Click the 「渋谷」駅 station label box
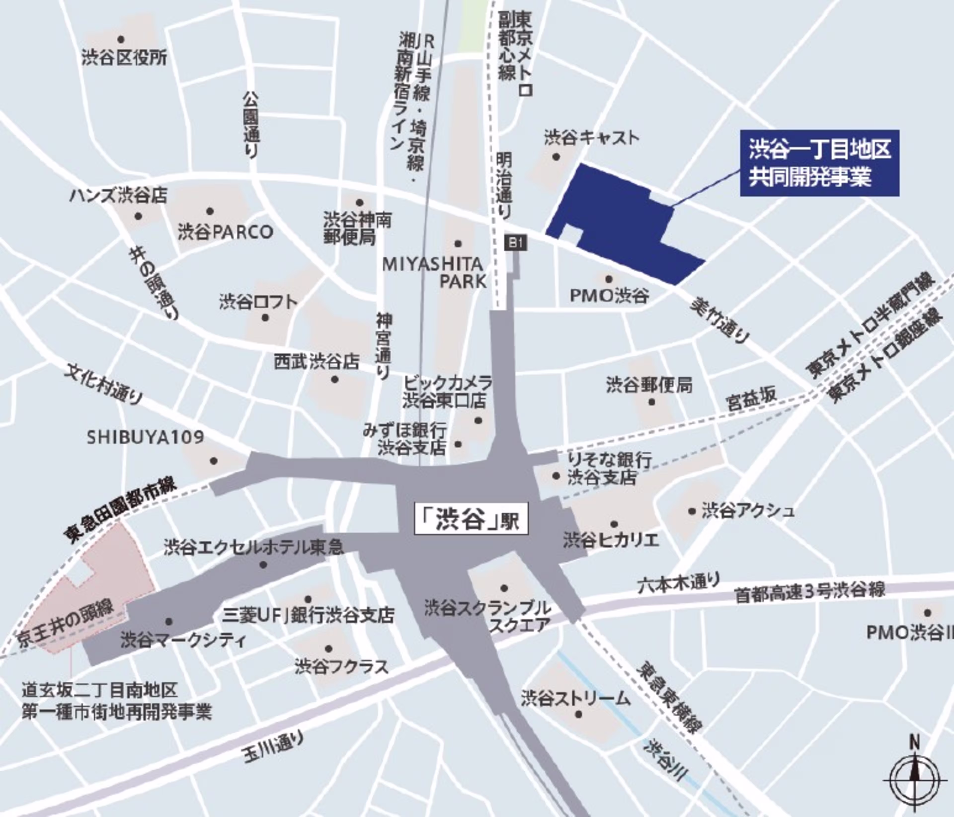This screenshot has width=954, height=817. click(x=471, y=520)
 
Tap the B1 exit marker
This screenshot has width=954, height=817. click(x=516, y=243)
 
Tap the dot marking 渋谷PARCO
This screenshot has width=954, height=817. click(x=210, y=211)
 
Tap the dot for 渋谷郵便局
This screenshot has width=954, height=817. click(x=651, y=402)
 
